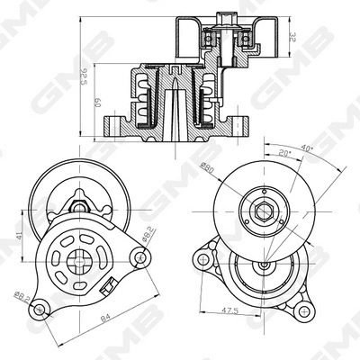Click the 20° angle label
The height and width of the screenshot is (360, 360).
tap(285, 155)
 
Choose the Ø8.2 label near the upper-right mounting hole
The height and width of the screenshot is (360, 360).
tap(148, 237)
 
